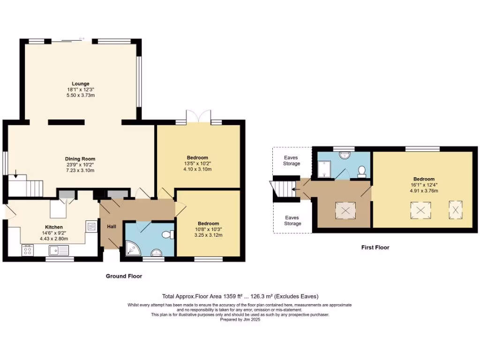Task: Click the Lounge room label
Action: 80,84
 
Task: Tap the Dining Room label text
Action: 80,159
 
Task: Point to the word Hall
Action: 112,226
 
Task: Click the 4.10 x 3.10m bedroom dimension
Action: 197,169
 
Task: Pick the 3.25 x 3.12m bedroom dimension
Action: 208,235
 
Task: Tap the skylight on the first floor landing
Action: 345,211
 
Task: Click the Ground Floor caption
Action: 124,277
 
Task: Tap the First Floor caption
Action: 375,247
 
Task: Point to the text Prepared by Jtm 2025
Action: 240,320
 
